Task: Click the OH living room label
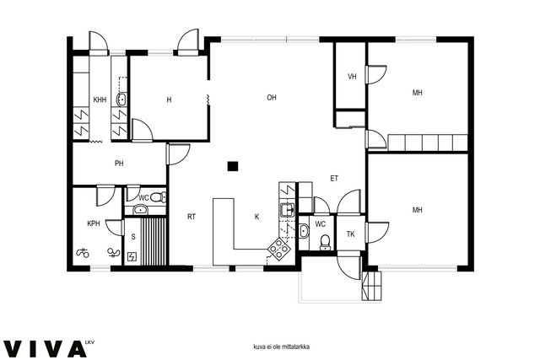point(272,98)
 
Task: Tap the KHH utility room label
point(100,99)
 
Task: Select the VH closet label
point(352,77)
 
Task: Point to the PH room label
point(119,164)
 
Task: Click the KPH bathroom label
point(94,223)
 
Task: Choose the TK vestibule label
point(351,234)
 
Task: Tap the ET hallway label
point(334,178)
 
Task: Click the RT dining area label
point(192,217)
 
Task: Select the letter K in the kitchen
point(256,217)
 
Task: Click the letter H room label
point(169,99)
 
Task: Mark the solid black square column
point(233,167)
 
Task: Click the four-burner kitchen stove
point(279,248)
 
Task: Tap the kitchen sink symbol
point(287,210)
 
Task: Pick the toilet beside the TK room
point(325,243)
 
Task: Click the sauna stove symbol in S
point(132,257)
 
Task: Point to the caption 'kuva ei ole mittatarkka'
point(281,347)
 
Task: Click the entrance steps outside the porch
point(371,286)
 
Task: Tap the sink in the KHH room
point(121,99)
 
